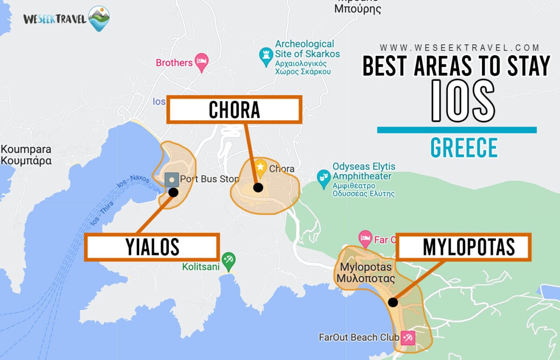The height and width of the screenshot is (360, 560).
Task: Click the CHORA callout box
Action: click(234, 110)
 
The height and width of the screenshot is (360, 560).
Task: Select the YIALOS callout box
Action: click(152, 247)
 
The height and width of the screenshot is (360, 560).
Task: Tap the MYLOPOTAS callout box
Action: click(463, 247)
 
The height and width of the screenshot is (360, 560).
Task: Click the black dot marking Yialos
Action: click(173, 192)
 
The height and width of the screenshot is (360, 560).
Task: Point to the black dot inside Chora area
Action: click(258, 187)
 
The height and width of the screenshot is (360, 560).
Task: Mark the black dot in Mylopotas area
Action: click(393, 302)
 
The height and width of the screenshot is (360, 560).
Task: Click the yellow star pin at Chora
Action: click(260, 166)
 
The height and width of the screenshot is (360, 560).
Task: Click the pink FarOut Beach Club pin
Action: click(408, 337)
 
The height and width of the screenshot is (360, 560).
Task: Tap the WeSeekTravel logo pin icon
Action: click(99, 18)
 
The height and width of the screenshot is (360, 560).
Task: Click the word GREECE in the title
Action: click(464, 148)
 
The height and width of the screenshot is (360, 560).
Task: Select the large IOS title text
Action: click(462, 101)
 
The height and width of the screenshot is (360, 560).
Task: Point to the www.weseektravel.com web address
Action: click(460, 48)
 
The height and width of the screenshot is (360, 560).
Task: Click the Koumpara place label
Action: click(26, 155)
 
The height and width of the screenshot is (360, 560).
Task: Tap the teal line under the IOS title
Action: click(456, 130)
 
